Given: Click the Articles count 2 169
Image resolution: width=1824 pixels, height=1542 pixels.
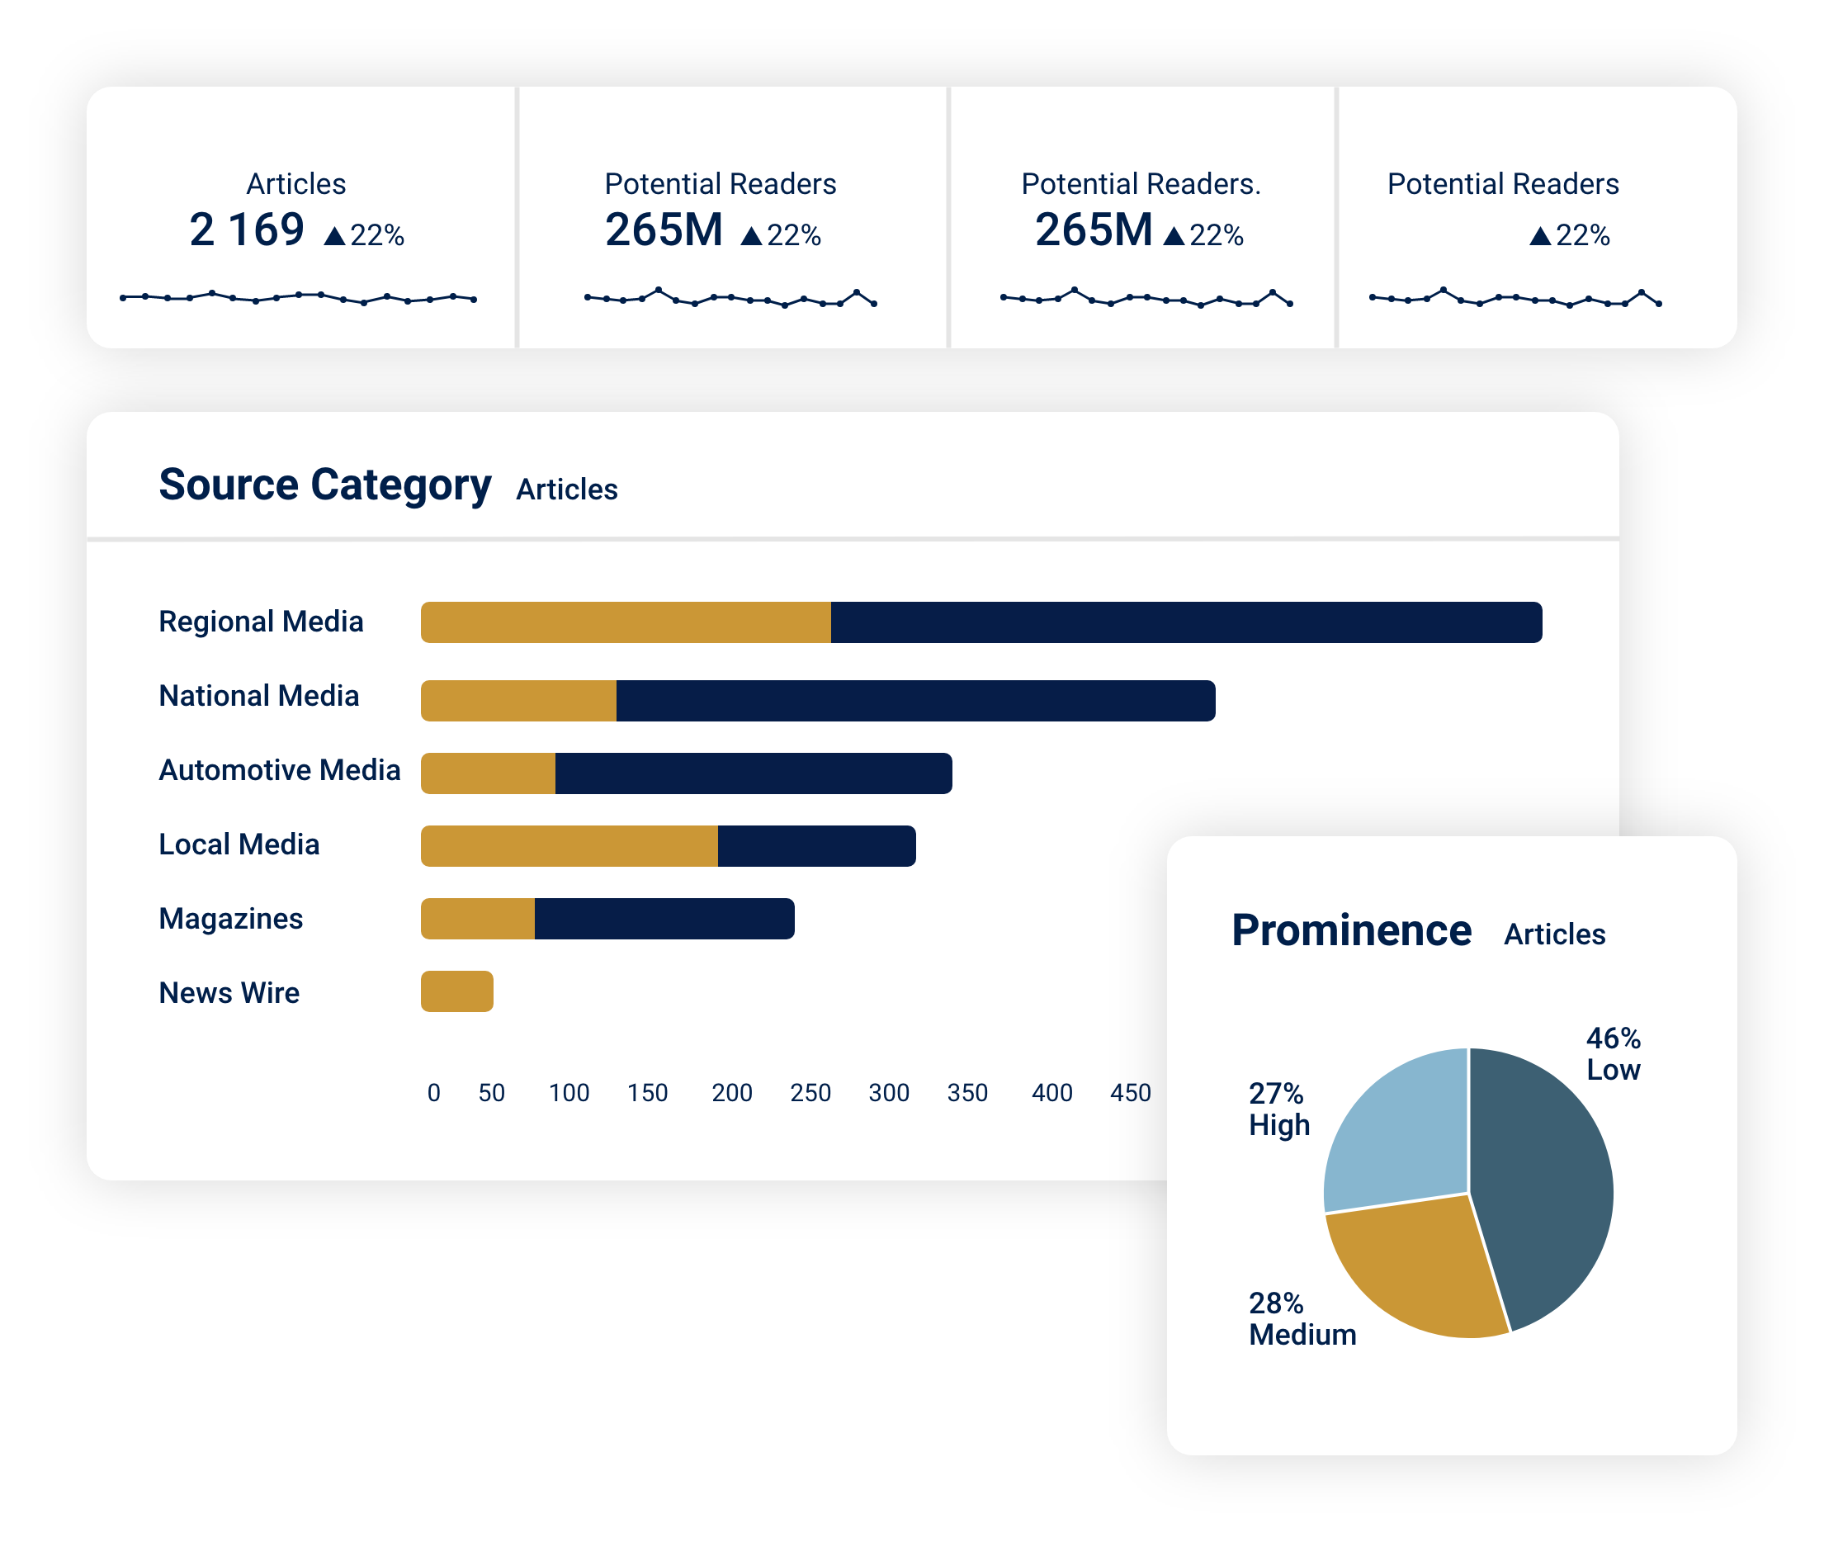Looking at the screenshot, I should [x=247, y=230].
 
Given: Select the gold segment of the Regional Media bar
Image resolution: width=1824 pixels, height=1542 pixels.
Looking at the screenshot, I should [x=626, y=622].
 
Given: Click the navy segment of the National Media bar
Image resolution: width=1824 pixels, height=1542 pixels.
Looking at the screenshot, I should [x=915, y=701].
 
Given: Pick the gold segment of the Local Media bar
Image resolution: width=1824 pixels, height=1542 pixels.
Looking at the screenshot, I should [x=569, y=846].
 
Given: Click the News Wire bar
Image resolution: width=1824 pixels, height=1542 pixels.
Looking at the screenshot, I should [x=457, y=991].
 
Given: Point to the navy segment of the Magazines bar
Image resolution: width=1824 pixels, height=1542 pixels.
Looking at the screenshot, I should [x=664, y=919].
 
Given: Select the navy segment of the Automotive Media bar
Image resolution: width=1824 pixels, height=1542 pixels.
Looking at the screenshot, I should [x=754, y=773].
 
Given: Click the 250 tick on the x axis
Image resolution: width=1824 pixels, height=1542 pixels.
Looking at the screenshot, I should [x=810, y=1093].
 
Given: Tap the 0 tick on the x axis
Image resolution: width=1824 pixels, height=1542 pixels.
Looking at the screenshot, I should [x=433, y=1093].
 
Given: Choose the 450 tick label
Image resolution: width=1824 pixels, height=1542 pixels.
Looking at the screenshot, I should [x=1130, y=1093].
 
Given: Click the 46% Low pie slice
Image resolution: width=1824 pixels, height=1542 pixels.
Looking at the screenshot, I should [x=1543, y=1180].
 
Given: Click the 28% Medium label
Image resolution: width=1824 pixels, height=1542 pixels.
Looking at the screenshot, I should [x=1302, y=1319].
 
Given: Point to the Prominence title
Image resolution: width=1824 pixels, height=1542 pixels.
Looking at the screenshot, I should [x=1351, y=930].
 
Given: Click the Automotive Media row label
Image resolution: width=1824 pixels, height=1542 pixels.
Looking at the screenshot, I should [x=280, y=770].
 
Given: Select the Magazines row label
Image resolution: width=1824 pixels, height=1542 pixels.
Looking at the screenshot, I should [x=231, y=919].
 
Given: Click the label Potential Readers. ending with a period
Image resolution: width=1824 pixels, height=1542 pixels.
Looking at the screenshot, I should [x=1141, y=183].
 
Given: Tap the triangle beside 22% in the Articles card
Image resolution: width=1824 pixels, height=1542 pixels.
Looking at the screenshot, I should [x=335, y=236].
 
